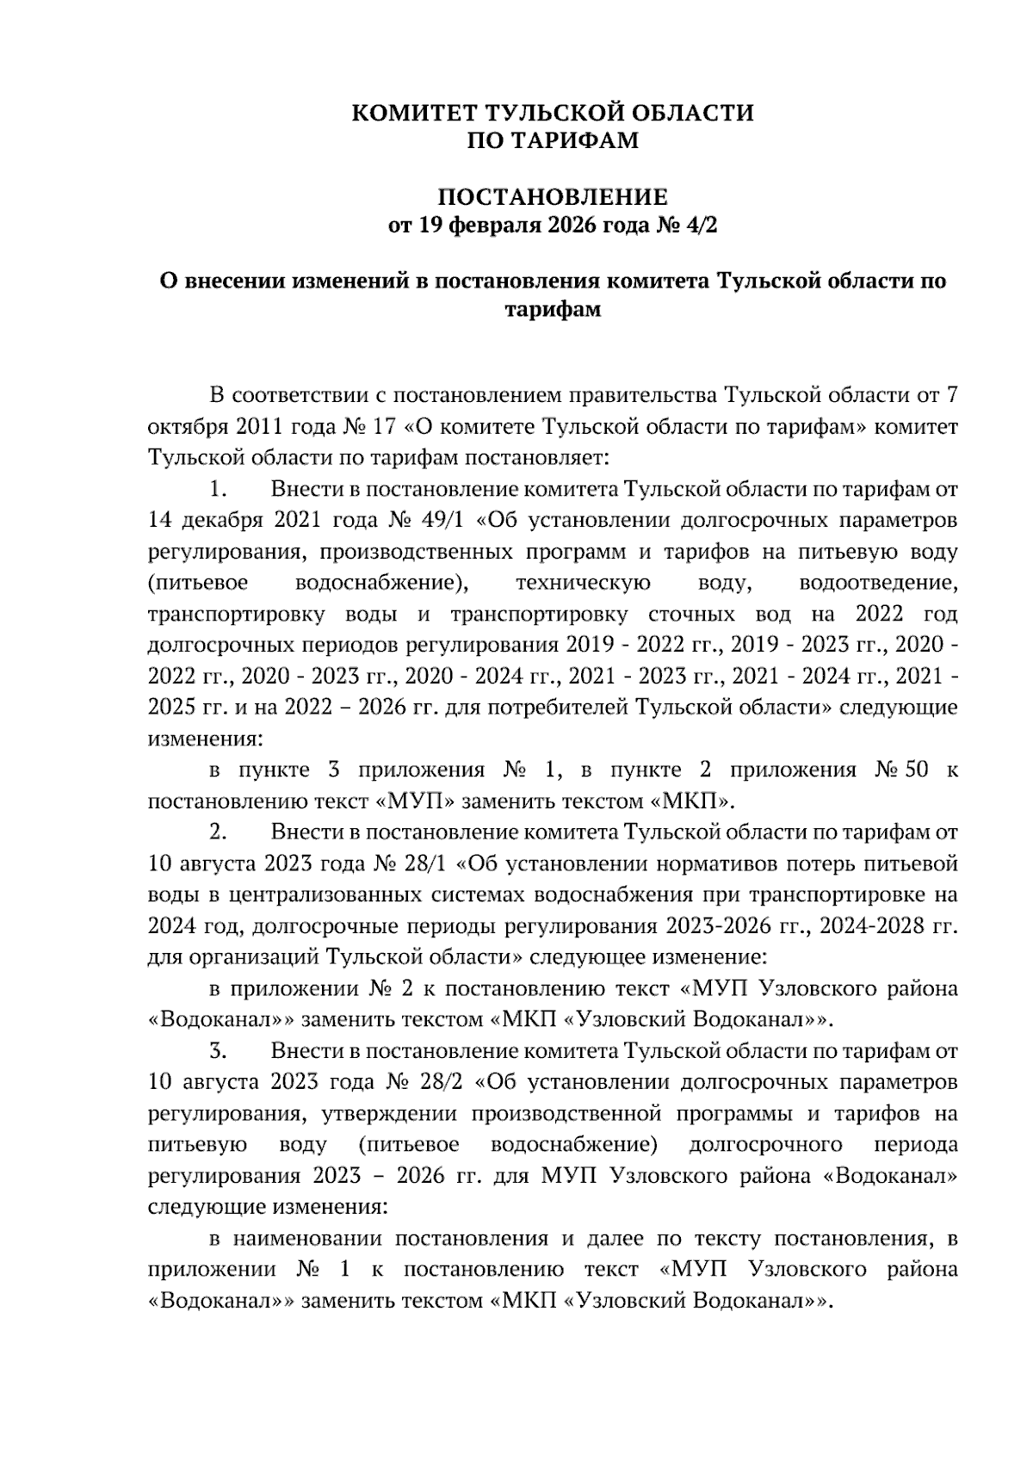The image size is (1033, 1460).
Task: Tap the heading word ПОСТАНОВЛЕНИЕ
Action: point(553,197)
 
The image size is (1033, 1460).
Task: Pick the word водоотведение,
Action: point(878,583)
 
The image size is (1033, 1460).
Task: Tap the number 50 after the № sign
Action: point(916,770)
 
